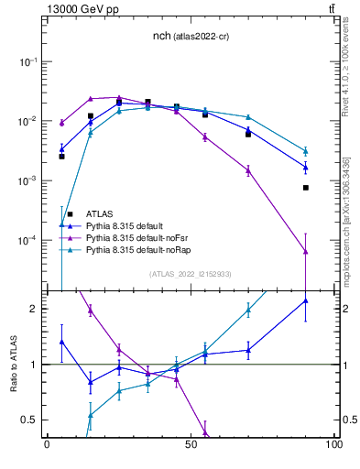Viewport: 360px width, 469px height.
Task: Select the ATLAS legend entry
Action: [101, 213]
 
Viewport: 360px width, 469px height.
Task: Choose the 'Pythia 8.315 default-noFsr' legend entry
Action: [142, 236]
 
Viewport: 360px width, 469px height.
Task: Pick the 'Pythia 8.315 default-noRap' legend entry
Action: [143, 248]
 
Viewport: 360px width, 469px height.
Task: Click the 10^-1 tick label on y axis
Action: [27, 61]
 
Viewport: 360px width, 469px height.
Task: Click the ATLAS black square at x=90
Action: [306, 188]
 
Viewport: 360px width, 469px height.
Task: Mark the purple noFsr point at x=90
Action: [306, 251]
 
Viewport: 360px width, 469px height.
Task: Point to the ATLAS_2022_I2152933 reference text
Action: [190, 274]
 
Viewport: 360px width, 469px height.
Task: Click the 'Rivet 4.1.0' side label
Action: [350, 73]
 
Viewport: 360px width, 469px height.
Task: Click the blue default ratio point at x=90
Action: [306, 300]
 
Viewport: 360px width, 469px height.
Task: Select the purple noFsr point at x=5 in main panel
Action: [61, 122]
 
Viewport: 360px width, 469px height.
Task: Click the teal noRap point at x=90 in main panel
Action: [306, 151]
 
